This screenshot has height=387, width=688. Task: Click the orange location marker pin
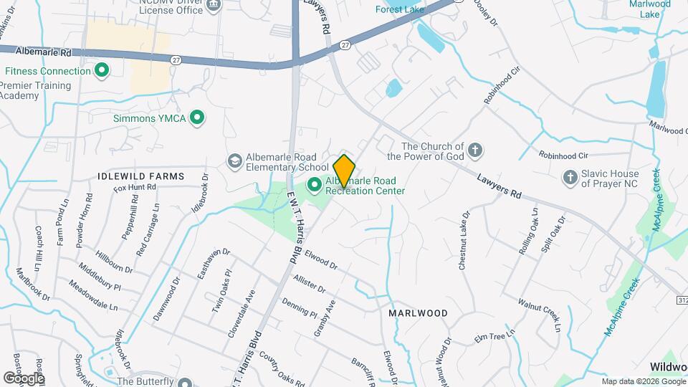pyautogui.click(x=344, y=171)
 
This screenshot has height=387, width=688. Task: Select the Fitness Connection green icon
pyautogui.click(x=102, y=71)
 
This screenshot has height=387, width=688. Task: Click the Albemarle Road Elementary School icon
pyautogui.click(x=234, y=161)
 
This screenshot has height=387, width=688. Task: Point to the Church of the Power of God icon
pyautogui.click(x=474, y=150)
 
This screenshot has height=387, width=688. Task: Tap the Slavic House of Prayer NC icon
pyautogui.click(x=570, y=176)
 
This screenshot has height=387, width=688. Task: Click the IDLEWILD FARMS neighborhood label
pyautogui.click(x=141, y=176)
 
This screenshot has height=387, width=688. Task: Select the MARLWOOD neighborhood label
pyautogui.click(x=418, y=313)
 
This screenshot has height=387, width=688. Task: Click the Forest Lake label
pyautogui.click(x=400, y=9)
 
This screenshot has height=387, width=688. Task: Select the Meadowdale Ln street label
pyautogui.click(x=93, y=295)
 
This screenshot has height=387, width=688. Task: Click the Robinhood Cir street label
pyautogui.click(x=563, y=155)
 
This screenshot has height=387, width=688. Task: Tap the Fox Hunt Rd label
pyautogui.click(x=135, y=188)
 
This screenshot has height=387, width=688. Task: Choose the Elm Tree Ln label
pyautogui.click(x=495, y=336)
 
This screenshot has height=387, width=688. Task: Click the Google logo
pyautogui.click(x=24, y=378)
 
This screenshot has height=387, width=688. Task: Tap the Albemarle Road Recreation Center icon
pyautogui.click(x=315, y=186)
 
